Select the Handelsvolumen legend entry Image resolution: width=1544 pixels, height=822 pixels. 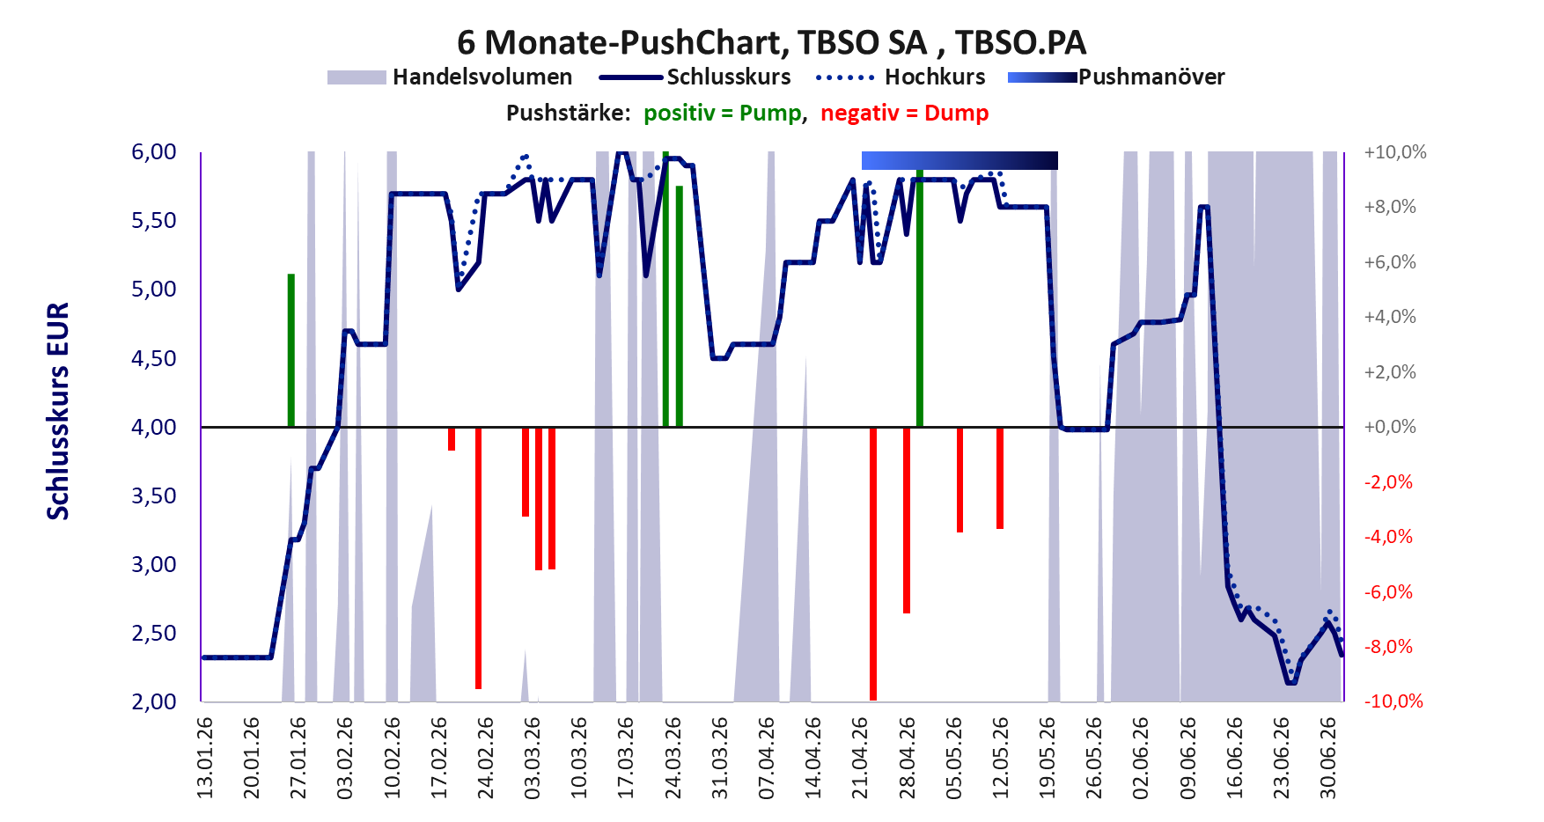click(450, 77)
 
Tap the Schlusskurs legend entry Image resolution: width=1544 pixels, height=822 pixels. click(695, 77)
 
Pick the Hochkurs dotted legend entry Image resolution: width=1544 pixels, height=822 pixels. click(901, 77)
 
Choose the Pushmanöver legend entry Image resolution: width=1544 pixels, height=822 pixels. click(1116, 77)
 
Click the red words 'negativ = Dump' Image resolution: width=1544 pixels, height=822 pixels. click(905, 114)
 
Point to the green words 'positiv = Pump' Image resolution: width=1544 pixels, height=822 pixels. click(723, 114)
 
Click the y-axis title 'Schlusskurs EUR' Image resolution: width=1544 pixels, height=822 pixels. click(58, 412)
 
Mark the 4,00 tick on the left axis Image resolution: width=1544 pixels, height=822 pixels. click(154, 428)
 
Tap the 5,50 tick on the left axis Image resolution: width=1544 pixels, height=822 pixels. click(154, 221)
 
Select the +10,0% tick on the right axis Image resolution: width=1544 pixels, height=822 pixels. click(1395, 152)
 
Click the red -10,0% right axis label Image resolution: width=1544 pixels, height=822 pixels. click(1393, 701)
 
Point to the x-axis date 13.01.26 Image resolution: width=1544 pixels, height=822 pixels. click(205, 758)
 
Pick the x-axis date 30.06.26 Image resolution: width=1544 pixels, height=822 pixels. click(1328, 758)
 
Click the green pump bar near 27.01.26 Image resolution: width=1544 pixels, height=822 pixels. click(291, 350)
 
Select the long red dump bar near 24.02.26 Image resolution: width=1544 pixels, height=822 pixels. click(478, 558)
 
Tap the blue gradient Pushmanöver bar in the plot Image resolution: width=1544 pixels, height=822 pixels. click(959, 160)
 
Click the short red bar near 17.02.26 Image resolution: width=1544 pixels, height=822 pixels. click(452, 439)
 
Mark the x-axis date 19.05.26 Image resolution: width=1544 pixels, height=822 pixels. click(1048, 758)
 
